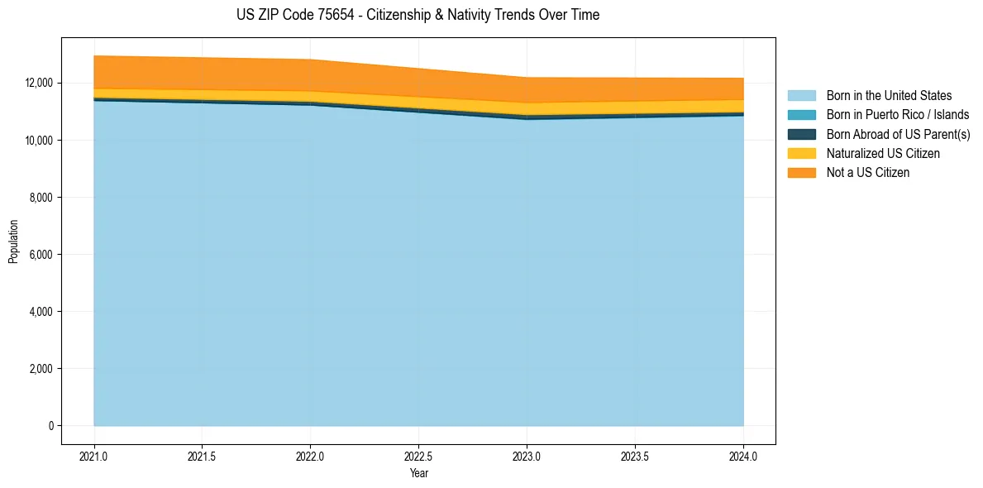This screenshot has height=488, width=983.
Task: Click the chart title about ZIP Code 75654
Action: [418, 15]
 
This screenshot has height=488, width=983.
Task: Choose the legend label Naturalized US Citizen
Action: [883, 153]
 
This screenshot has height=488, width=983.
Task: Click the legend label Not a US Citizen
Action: [868, 173]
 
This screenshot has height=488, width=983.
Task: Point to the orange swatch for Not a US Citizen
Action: [801, 173]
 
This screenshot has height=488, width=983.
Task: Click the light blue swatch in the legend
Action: [801, 96]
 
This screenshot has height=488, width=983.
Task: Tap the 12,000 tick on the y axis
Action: [39, 84]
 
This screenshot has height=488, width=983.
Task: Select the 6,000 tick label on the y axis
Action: [41, 255]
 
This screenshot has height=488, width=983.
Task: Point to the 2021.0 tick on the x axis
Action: [94, 456]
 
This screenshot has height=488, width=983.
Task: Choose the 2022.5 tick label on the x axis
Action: [419, 456]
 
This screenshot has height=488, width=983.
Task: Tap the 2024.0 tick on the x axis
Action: [743, 456]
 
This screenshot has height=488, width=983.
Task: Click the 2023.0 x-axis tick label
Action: [527, 456]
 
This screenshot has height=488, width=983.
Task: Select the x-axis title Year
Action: [419, 473]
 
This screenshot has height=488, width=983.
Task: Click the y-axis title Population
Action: [13, 242]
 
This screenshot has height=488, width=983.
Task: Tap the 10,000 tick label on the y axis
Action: [39, 141]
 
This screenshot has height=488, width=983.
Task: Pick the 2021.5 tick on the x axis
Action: [203, 456]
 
